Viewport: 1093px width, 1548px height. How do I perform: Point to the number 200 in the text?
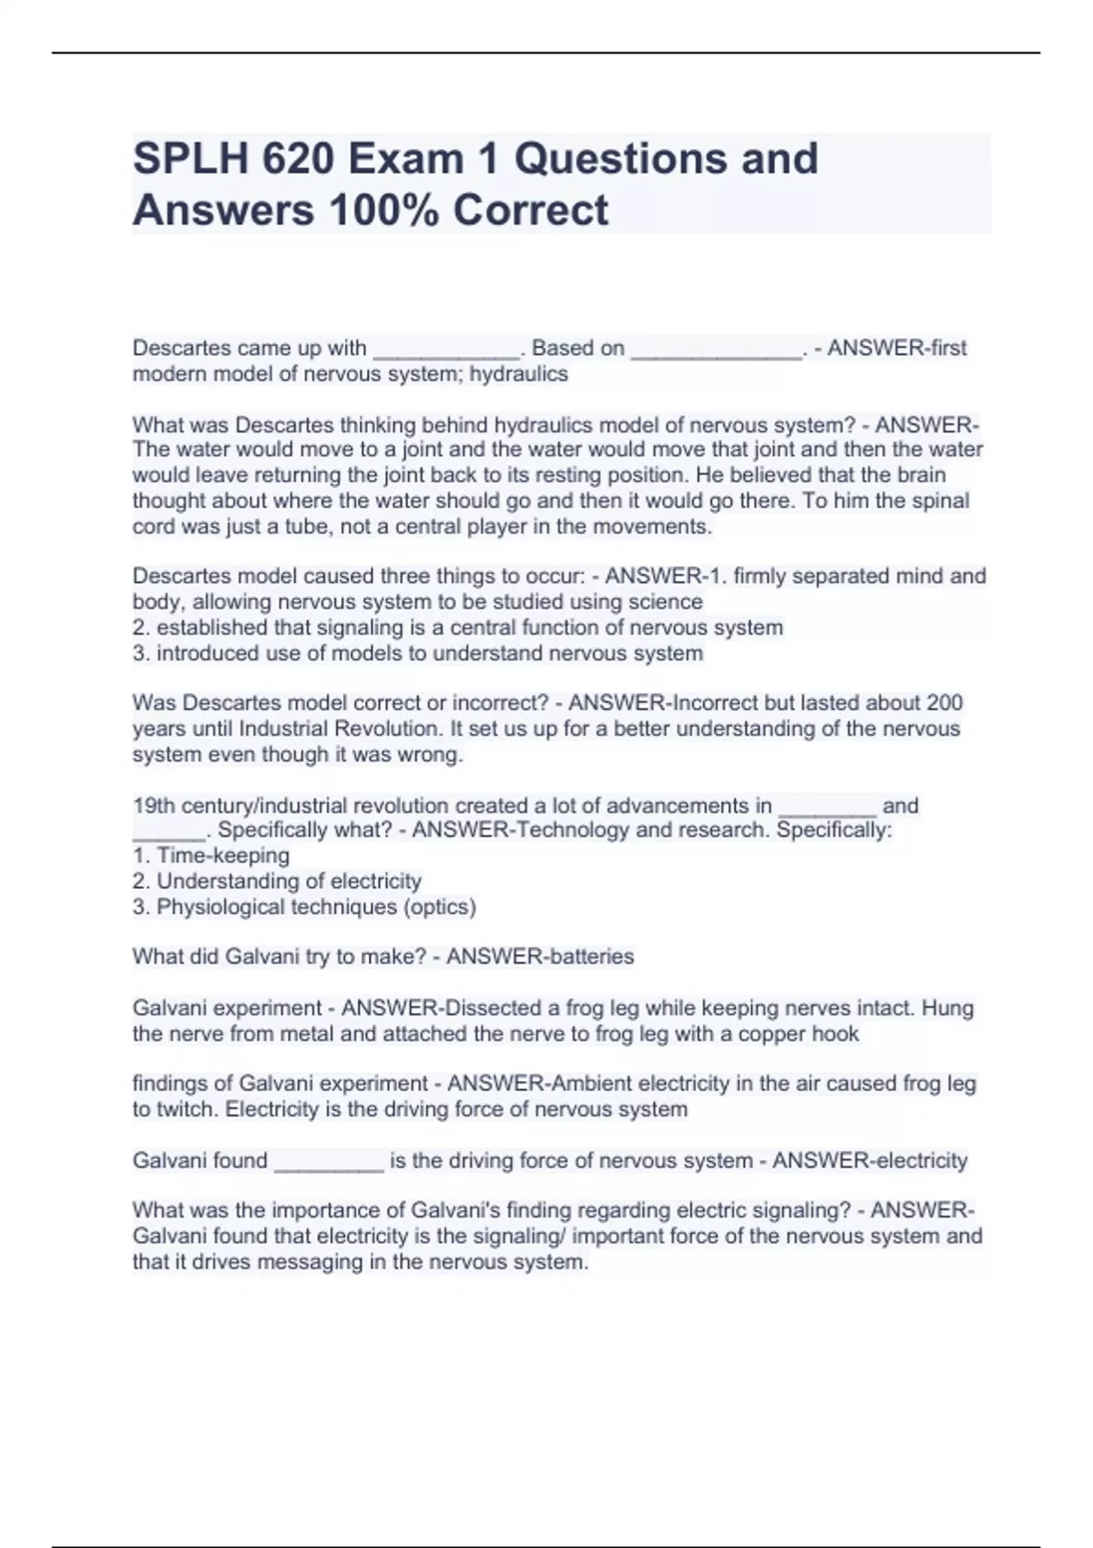click(944, 702)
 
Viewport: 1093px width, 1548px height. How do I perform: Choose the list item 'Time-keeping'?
click(211, 855)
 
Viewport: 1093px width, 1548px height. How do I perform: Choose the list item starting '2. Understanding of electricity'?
click(277, 881)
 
